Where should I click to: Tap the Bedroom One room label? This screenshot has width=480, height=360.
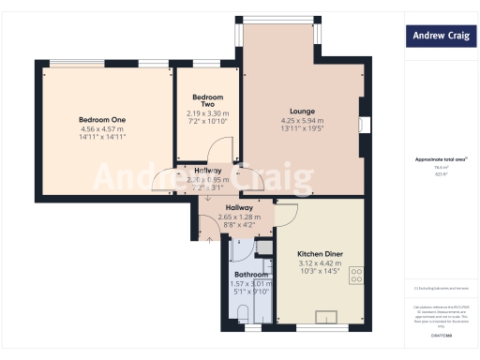coord(102,119)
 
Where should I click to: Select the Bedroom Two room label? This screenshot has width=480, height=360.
coord(206,100)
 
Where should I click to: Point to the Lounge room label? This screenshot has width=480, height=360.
coord(301,111)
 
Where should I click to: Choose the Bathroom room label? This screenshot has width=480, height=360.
coord(251,275)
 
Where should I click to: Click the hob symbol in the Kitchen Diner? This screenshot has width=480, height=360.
coord(356,276)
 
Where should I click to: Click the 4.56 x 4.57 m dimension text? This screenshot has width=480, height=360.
coord(102,128)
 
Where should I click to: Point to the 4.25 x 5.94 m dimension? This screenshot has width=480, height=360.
coord(301,121)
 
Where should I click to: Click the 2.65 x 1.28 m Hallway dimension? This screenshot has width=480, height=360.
coord(240,217)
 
